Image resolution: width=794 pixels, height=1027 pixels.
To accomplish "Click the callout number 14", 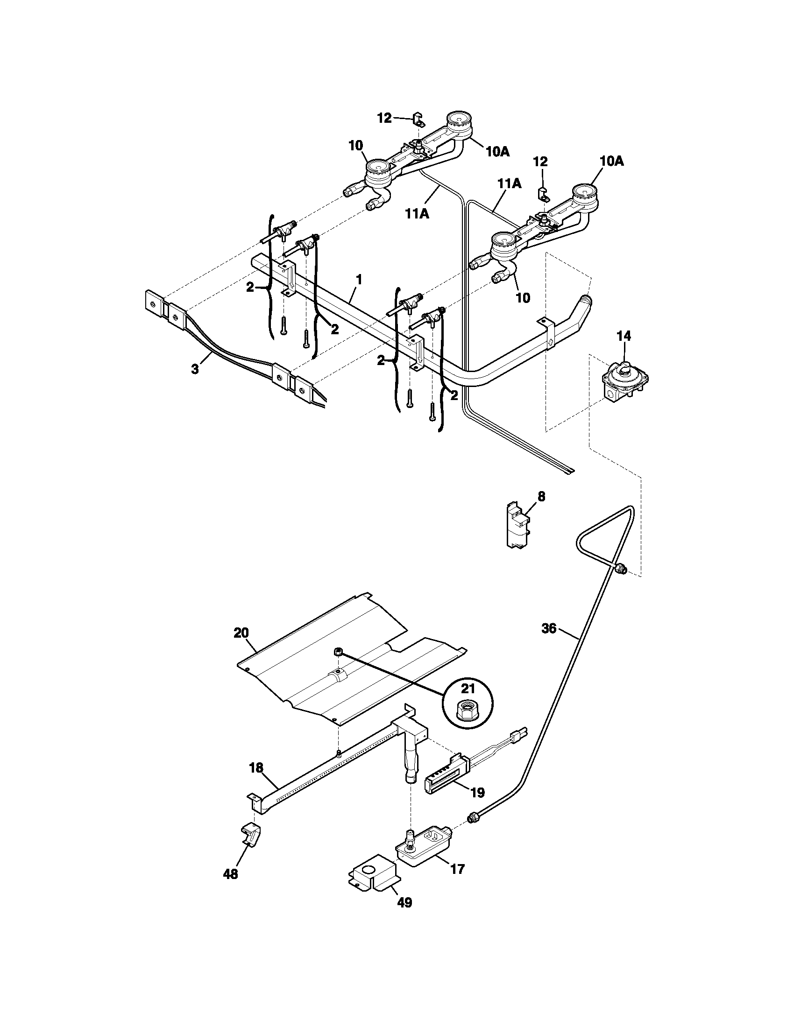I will tap(624, 336).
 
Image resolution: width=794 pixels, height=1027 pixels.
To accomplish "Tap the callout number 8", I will tap(541, 497).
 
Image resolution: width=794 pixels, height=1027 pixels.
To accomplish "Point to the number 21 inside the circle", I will tap(468, 689).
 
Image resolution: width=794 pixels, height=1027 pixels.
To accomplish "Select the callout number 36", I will tap(549, 628).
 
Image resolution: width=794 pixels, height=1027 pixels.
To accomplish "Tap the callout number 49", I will tap(404, 902).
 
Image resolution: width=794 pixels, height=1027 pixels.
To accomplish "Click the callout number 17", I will tap(457, 869).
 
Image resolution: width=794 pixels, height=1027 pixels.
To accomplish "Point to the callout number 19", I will tap(477, 793).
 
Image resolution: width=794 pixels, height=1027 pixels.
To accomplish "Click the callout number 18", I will tap(256, 768).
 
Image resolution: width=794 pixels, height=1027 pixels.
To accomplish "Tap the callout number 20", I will tap(241, 633).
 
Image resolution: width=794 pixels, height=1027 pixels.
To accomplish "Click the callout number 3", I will tap(195, 369).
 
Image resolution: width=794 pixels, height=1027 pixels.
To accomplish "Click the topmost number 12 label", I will tap(384, 118).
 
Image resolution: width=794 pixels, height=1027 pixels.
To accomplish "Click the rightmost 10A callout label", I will tap(611, 162).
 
